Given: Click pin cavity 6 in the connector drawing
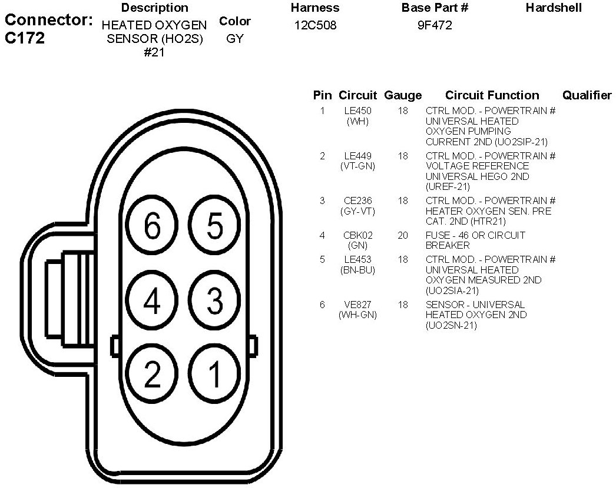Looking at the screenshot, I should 152,226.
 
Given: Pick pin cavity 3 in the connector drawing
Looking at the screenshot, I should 215,301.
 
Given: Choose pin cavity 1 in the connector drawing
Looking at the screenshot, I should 215,374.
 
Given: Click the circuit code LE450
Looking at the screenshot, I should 357,111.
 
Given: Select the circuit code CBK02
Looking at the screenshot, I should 357,235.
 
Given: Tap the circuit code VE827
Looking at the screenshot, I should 357,305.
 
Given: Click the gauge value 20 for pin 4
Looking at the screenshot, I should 403,235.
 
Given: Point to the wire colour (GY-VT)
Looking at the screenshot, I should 357,211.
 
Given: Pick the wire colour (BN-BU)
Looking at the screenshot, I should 357,270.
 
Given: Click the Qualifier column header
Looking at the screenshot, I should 587,95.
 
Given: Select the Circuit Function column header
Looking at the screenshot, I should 492,95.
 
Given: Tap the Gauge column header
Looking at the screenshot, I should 403,95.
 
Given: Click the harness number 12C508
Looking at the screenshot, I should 315,26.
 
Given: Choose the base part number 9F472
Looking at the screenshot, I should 435,26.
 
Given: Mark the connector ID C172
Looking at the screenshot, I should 25,39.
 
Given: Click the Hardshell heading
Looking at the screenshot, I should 554,8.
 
